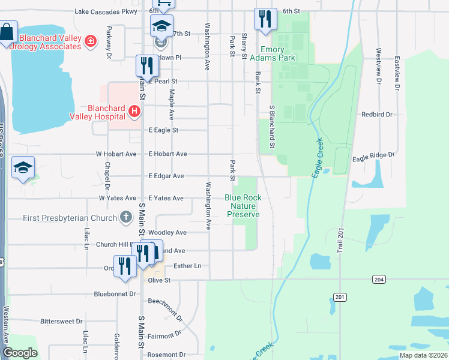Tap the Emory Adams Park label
(x=277, y=54)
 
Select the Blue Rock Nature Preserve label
(x=243, y=206)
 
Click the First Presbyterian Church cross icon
(x=125, y=217)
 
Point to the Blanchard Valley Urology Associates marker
(x=91, y=41)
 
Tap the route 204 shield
(x=380, y=279)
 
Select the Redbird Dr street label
(x=376, y=114)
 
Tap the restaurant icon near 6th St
(x=265, y=20)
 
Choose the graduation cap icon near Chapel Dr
(x=23, y=169)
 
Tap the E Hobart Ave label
(x=167, y=154)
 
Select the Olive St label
(x=159, y=280)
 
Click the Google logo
(x=20, y=353)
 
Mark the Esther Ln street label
(x=187, y=265)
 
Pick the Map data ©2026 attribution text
(x=423, y=355)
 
